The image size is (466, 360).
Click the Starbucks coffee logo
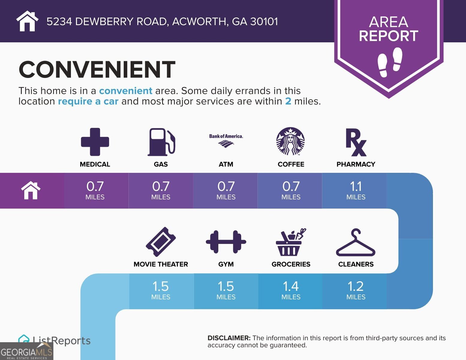point(290,141)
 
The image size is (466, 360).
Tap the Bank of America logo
point(226,140)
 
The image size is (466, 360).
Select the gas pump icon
point(161,142)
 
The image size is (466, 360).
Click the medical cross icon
point(95,142)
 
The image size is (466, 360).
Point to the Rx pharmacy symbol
point(356,142)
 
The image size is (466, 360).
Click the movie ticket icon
point(161,241)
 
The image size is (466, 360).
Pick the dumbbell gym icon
point(226,242)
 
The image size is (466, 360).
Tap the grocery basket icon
point(290,242)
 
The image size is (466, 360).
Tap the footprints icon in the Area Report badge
point(390,62)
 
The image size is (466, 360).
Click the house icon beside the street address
point(27,21)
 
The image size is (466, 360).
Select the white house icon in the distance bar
point(31,190)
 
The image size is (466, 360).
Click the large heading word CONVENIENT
point(97,70)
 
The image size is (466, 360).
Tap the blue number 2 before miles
point(288,101)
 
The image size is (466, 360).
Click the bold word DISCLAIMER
point(229,338)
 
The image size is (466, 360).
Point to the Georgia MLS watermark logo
point(27,351)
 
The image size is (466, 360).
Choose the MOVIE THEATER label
point(161,264)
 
